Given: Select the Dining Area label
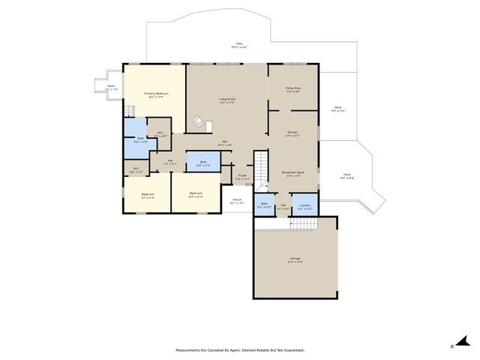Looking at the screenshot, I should pos(292,89).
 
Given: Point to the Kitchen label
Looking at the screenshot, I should pos(292,134).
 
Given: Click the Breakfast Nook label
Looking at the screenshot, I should pos(292,173).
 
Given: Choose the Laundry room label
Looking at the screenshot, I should pos(304,205).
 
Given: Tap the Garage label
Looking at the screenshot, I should pos(295,259).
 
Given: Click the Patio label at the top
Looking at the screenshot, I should pos(238,46).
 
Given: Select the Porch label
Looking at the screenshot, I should pos(236,201).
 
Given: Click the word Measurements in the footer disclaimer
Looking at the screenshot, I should pos(190,349).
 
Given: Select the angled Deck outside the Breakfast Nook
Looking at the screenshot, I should pos(349,178).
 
